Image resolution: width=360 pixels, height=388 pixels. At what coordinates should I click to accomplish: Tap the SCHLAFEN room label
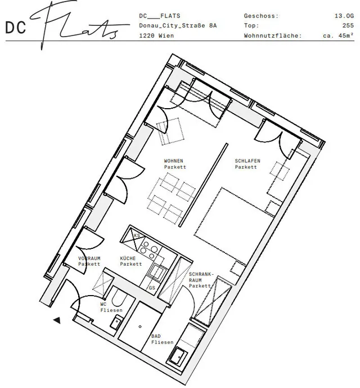[x=247, y=164]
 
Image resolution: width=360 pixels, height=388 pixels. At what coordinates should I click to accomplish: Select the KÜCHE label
[x=131, y=261]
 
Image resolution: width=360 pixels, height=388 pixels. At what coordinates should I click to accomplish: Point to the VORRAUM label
[x=89, y=261]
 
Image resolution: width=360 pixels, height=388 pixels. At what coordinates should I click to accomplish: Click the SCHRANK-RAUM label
[x=200, y=280]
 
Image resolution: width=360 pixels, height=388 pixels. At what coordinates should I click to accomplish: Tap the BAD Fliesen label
[x=162, y=339]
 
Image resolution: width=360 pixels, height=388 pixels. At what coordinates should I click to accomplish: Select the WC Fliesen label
[x=111, y=307]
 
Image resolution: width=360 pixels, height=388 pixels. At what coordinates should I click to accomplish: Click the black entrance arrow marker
[x=57, y=320]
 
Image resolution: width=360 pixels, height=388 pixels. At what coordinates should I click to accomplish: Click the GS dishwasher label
[x=152, y=288]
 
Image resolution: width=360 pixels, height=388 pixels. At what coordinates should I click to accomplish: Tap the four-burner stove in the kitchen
[x=149, y=249]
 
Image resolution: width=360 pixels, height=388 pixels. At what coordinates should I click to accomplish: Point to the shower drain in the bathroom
[x=140, y=327]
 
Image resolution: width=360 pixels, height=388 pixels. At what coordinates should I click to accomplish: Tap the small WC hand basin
[x=115, y=323]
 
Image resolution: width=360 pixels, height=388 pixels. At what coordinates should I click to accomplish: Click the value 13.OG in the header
[x=344, y=16]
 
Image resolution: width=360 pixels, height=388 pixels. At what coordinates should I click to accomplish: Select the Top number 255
[x=348, y=25]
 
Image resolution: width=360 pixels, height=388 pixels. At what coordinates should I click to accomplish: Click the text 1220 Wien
[x=156, y=35]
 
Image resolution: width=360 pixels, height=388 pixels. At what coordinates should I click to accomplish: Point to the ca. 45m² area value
[x=338, y=35]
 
